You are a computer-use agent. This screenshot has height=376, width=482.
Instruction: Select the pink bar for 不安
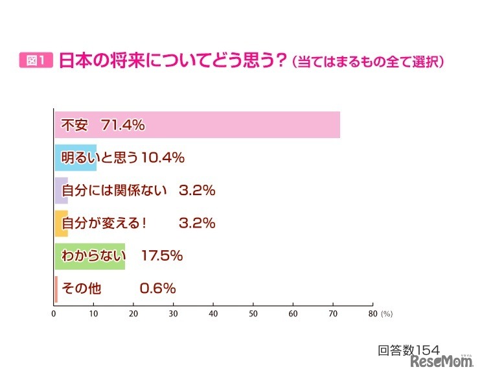(x=259, y=125)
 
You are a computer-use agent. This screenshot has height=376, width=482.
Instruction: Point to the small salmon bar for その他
(x=56, y=289)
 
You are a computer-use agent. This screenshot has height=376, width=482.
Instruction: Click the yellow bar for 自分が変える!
(x=61, y=224)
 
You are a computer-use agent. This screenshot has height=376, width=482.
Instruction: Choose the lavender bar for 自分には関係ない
(x=61, y=191)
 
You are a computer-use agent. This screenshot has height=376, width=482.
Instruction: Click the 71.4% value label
(x=122, y=125)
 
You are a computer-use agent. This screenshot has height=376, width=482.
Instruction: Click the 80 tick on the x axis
(x=373, y=314)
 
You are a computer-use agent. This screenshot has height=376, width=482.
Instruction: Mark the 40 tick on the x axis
(x=213, y=314)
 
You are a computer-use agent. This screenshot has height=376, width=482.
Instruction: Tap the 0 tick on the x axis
(x=54, y=314)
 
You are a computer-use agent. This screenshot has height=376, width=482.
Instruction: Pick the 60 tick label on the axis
(x=293, y=314)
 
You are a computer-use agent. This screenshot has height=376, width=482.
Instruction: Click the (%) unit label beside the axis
(x=387, y=314)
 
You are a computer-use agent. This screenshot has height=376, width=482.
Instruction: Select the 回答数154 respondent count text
(x=409, y=350)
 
